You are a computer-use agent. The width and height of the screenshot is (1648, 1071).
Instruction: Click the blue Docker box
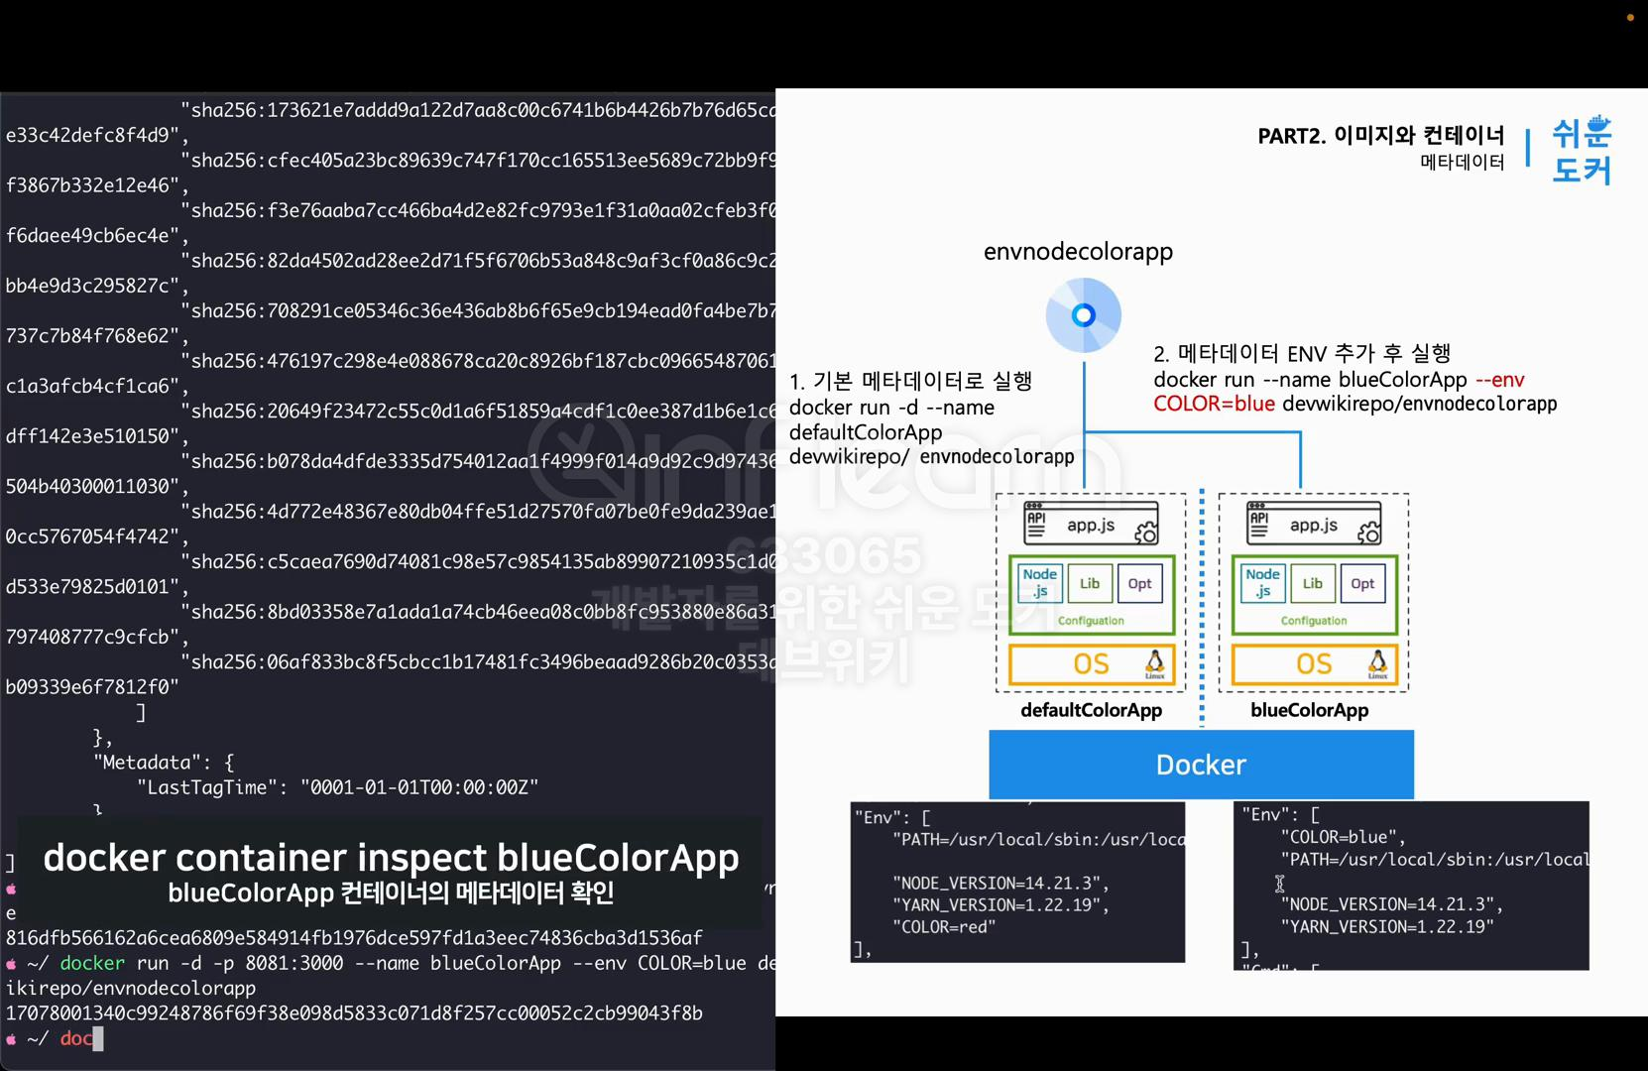(1201, 765)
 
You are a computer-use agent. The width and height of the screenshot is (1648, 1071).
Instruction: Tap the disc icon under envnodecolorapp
(1084, 315)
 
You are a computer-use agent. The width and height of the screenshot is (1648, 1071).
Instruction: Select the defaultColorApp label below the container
(1091, 710)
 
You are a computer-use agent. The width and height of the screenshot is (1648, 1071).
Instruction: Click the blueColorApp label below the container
(1309, 710)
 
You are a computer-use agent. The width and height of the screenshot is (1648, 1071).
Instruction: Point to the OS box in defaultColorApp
(1091, 664)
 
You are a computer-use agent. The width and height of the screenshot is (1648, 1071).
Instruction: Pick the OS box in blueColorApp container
(1314, 664)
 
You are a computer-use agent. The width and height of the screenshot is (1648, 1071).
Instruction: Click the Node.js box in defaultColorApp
(1039, 583)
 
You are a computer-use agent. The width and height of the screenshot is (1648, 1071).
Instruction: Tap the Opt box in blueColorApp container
(1362, 583)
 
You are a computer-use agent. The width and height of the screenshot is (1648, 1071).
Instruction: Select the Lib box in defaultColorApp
(1090, 583)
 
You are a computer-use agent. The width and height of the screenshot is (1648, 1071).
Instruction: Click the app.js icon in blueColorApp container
(1314, 524)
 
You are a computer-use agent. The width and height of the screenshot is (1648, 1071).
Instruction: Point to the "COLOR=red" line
(943, 927)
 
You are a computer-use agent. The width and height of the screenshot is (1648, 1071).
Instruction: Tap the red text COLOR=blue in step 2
(1214, 404)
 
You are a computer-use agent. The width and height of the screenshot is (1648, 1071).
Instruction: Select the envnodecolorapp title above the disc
(1078, 252)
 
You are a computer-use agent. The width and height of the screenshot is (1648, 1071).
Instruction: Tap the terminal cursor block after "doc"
(98, 1038)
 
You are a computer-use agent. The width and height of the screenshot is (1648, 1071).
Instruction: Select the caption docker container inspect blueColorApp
(391, 858)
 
